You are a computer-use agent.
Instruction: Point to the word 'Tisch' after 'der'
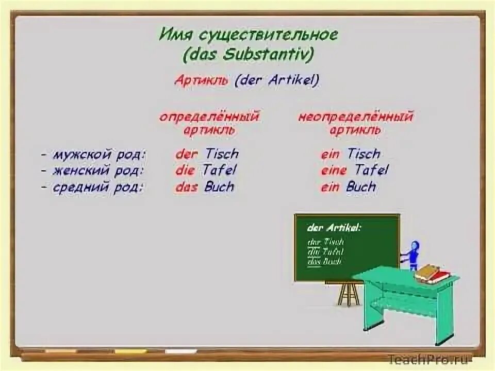(x=222, y=154)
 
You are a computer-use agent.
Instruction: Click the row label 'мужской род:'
(x=98, y=154)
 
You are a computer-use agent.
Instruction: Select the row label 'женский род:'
(x=97, y=170)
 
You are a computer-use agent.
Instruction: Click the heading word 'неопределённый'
(x=356, y=116)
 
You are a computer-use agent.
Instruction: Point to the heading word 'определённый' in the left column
(x=209, y=116)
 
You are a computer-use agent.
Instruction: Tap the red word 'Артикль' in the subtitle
(x=202, y=80)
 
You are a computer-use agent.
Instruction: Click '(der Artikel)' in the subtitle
(x=277, y=80)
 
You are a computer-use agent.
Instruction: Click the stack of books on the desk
(x=432, y=273)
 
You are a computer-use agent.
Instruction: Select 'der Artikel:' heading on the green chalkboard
(x=334, y=227)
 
